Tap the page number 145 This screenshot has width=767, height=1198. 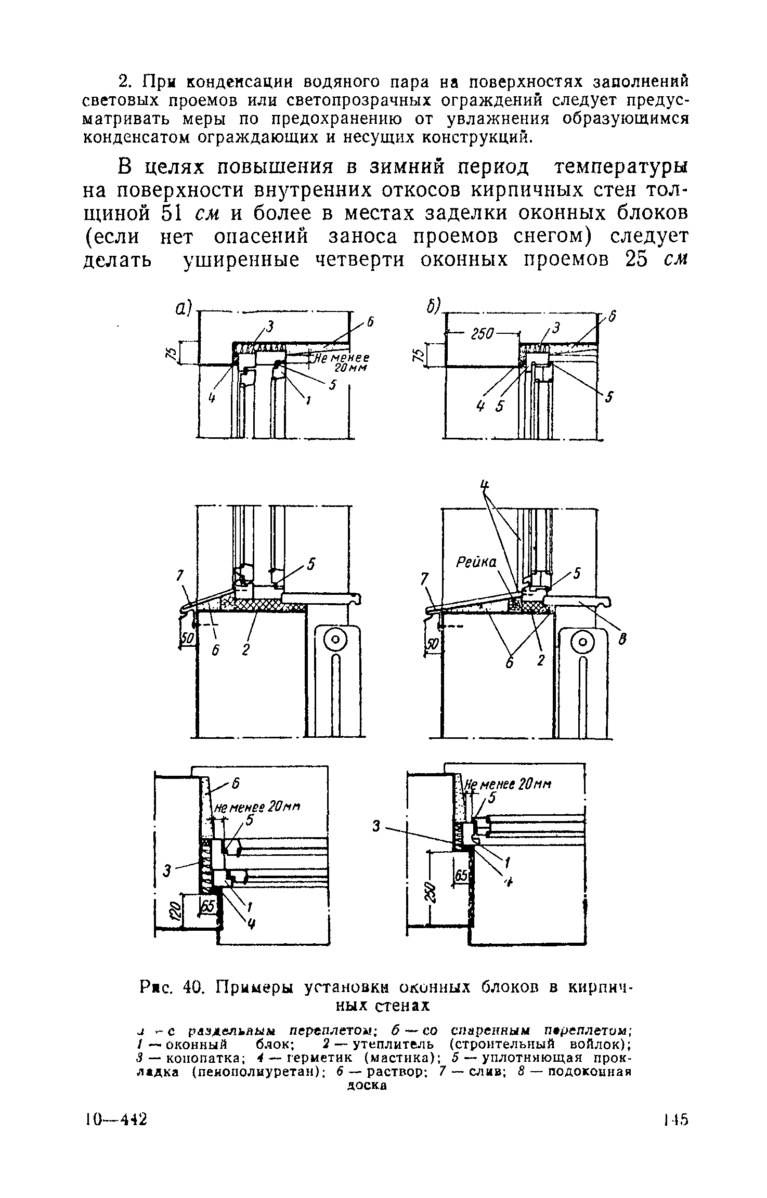(x=675, y=1118)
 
